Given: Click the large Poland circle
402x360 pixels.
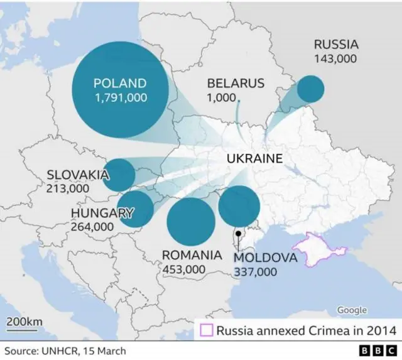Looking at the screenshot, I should pos(121,90).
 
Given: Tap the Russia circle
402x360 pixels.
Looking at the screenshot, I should pos(310,89).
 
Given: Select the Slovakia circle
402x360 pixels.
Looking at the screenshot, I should pos(119,175).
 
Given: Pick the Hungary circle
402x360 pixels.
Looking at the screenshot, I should pos(136,209).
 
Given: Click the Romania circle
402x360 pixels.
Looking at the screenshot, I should pos(191,222).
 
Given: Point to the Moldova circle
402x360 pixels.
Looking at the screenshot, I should pos(239,206).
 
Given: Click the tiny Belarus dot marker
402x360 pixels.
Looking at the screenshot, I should pos(238,99).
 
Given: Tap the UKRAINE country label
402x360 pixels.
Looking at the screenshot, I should pos(254,159).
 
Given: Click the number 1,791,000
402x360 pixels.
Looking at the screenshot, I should pos(121,98).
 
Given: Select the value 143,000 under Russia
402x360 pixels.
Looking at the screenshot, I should pos(335,58).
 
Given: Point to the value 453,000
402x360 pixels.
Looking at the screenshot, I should pos(184,269).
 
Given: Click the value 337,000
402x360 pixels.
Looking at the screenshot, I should pos(255,272).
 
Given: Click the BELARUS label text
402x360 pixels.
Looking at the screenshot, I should pos(236,84).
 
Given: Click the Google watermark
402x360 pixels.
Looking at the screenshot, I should pos(352,310).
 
